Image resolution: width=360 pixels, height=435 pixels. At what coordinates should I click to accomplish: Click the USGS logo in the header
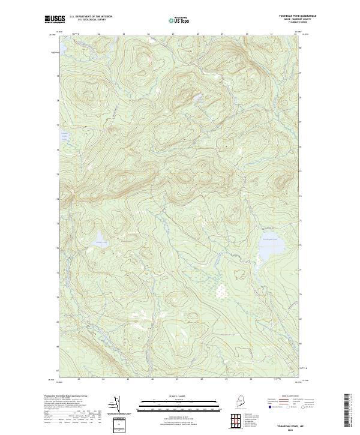click(x=55, y=19)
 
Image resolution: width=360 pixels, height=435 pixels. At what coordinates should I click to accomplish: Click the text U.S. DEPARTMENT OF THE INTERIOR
click(x=91, y=17)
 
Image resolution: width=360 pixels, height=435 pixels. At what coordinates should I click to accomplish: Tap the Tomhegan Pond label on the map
click(x=271, y=239)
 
